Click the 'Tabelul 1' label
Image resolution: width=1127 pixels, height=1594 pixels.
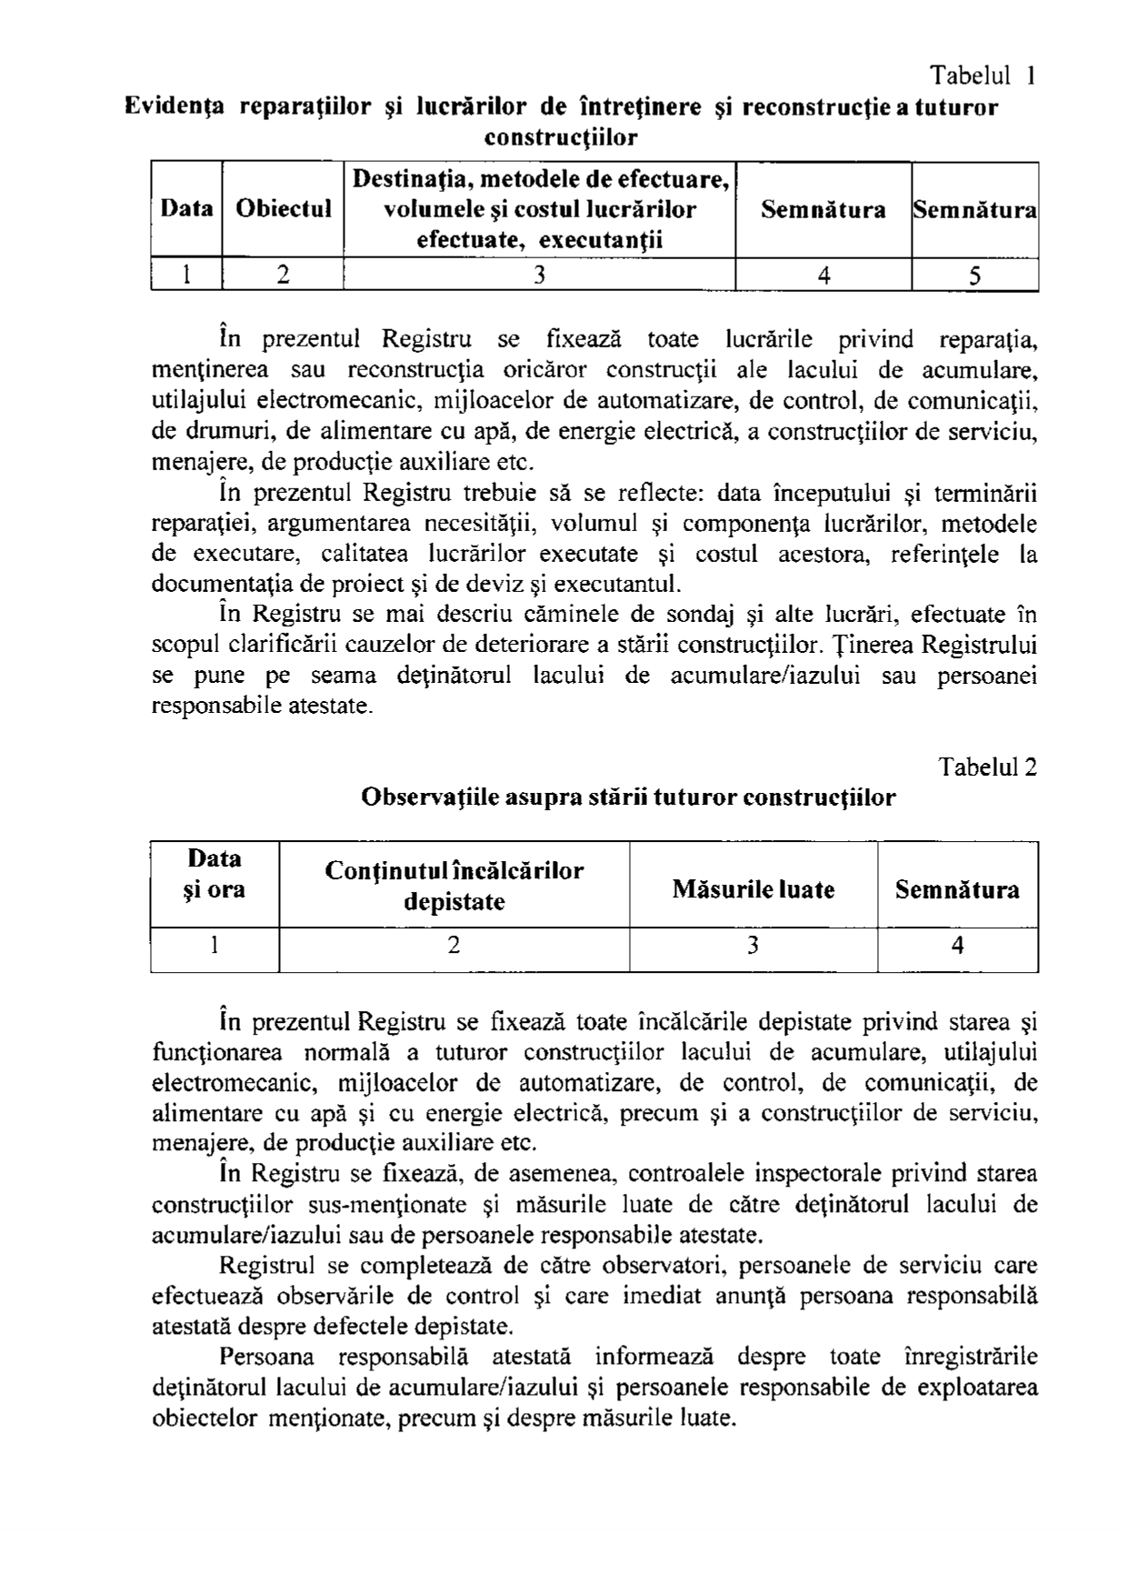click(x=982, y=75)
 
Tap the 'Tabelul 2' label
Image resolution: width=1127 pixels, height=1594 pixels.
click(x=988, y=767)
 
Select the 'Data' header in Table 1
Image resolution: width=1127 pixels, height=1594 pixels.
click(x=186, y=209)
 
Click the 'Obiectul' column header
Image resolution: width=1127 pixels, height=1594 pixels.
click(x=283, y=209)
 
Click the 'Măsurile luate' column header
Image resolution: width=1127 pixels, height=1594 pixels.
click(x=753, y=888)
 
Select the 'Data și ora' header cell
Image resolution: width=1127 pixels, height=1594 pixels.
click(x=214, y=873)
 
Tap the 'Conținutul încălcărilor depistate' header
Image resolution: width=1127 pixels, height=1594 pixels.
click(x=454, y=886)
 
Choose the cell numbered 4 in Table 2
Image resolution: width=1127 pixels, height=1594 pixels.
click(x=957, y=947)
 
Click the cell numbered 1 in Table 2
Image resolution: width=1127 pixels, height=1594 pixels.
click(x=214, y=947)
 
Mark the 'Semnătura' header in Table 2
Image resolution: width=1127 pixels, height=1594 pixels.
click(x=957, y=888)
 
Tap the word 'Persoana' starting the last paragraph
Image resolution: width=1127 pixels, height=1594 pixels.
click(x=266, y=1357)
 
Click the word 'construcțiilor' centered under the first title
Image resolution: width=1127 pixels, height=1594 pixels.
click(x=561, y=138)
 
